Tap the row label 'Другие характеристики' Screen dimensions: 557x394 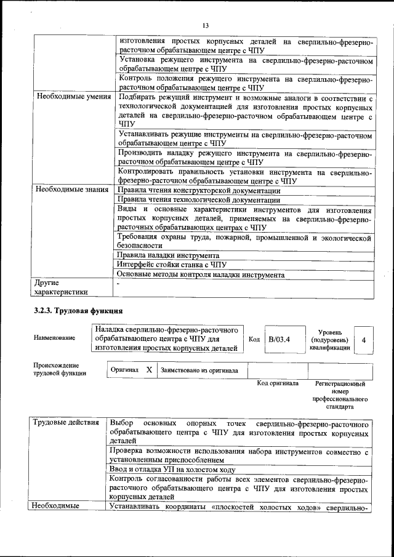pos(61,287)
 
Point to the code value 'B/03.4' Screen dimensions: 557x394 pos(279,339)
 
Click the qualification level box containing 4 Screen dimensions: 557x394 pos(363,340)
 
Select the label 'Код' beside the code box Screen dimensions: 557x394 pos(254,339)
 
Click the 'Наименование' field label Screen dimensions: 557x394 pos(55,338)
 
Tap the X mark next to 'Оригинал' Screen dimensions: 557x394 pos(149,370)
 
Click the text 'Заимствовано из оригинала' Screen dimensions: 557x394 pos(199,371)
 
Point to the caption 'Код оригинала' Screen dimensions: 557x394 pos(278,383)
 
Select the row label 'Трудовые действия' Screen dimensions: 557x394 pos(65,423)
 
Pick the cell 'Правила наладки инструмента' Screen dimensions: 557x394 pos(168,255)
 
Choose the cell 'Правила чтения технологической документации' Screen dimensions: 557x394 pos(199,200)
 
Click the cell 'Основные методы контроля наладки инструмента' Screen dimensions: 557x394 pos(200,274)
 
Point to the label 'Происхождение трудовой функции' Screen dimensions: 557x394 pos(60,369)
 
